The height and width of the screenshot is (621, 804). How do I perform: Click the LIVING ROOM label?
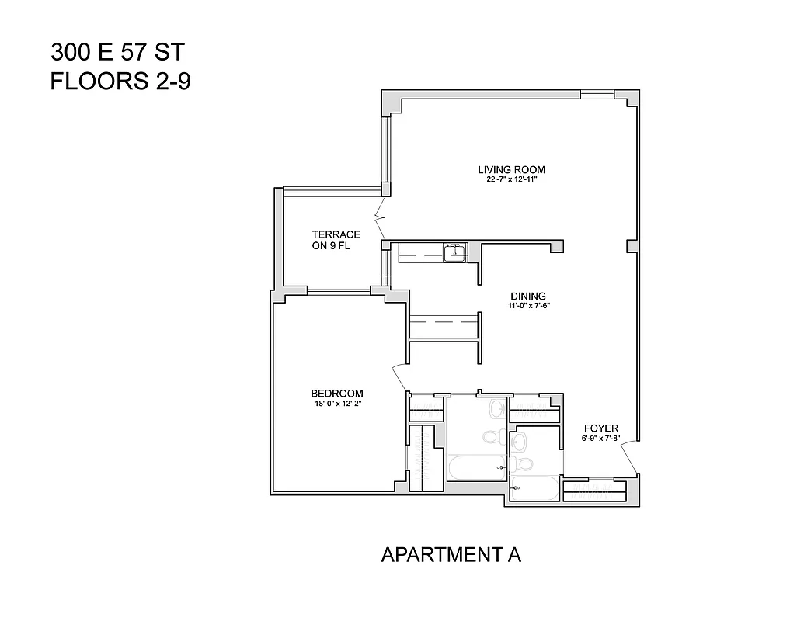coord(511,169)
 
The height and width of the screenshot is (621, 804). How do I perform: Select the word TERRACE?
coord(336,234)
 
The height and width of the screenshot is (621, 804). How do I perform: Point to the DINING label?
coord(528,296)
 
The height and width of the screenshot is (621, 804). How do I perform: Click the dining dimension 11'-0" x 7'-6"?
coord(529,306)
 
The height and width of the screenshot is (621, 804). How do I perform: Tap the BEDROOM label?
coord(337,393)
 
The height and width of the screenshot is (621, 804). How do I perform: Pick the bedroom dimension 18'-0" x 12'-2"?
coord(337,403)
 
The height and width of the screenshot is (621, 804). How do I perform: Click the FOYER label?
coord(601,428)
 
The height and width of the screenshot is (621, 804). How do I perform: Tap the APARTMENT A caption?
coord(451,555)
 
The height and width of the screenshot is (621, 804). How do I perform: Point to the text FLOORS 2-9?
coord(120,81)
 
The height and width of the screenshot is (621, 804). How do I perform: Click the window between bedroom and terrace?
coord(338,291)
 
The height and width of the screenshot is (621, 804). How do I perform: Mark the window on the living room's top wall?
coord(597,95)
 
